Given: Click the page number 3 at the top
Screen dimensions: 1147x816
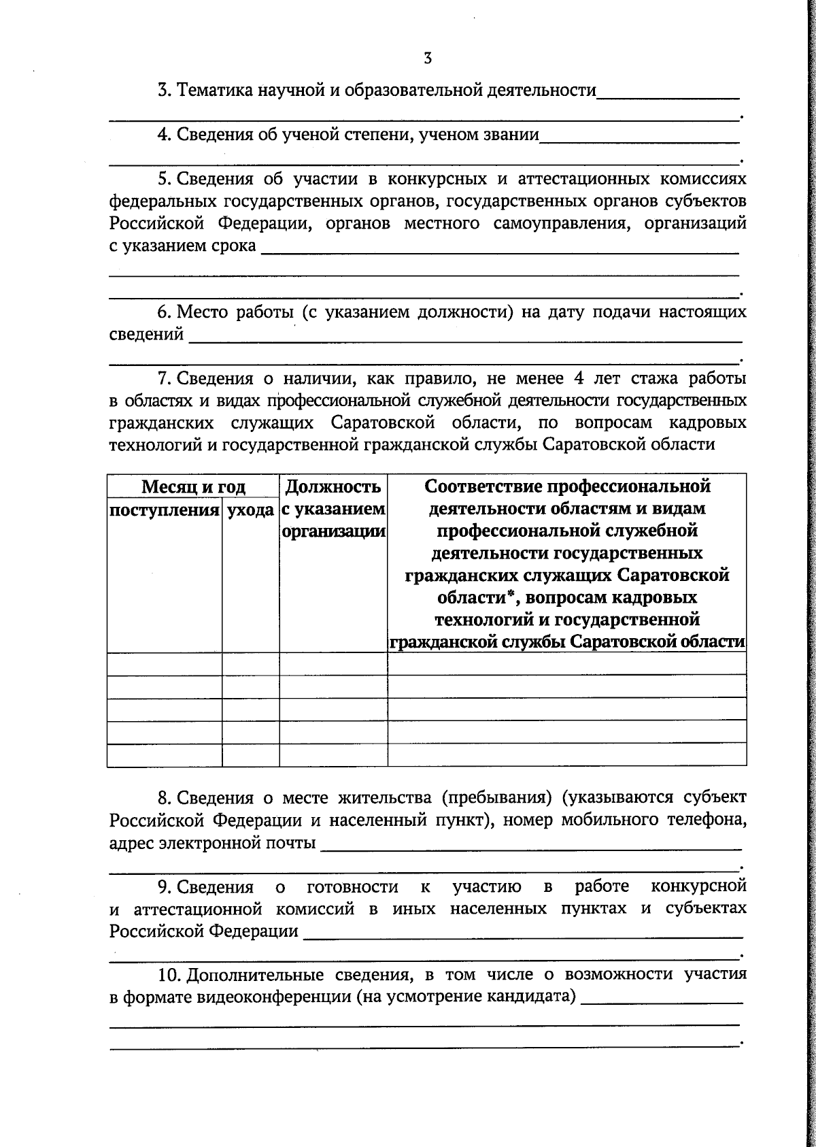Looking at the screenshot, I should (428, 59).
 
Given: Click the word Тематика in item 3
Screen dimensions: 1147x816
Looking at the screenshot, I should (214, 90).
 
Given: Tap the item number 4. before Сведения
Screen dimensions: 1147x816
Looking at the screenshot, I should (164, 135).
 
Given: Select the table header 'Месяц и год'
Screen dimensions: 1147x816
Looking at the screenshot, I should (193, 487).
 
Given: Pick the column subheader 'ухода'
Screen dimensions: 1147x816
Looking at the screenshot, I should (250, 510).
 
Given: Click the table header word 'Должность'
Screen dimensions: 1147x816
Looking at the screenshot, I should (333, 487).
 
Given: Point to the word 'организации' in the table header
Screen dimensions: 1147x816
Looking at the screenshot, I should (333, 531).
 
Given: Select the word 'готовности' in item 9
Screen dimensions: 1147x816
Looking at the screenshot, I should (352, 886).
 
